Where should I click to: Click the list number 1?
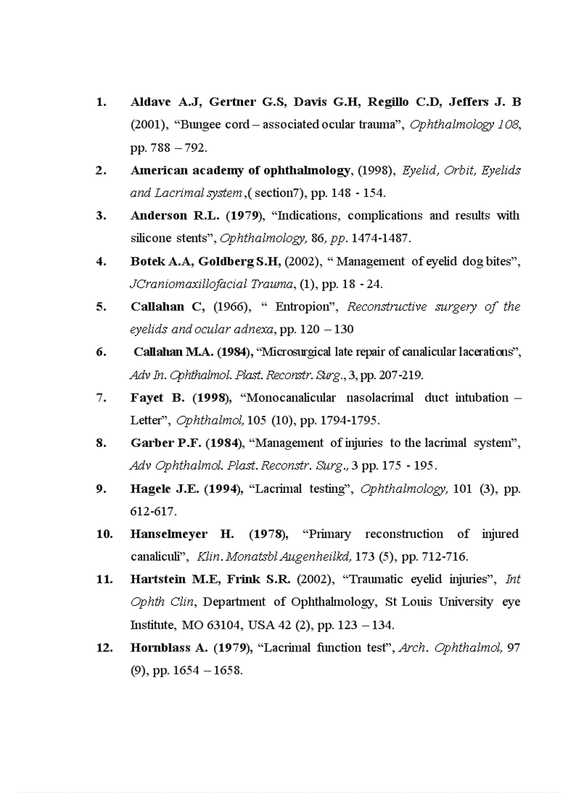[100, 102]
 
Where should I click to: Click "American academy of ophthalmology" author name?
[240, 170]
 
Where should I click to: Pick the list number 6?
[100, 352]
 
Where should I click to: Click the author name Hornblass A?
[169, 648]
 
